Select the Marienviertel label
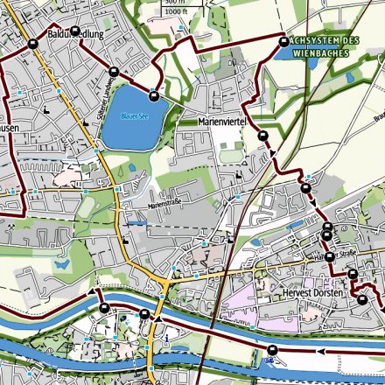click(225, 122)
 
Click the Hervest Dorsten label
click(312, 294)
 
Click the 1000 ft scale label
click(175, 11)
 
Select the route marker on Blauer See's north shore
click(154, 96)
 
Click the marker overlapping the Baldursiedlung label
click(75, 31)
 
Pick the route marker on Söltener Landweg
click(114, 73)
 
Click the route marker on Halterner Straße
click(330, 256)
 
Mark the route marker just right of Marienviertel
click(263, 136)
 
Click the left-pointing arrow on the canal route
click(321, 351)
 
